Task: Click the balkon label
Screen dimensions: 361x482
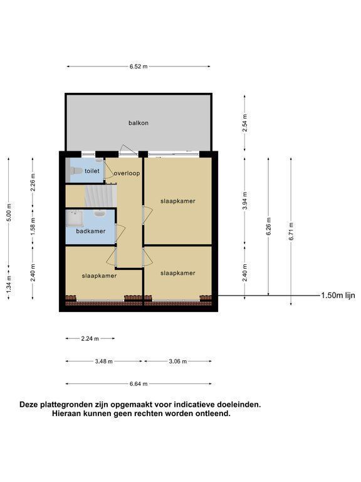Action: pos(139,123)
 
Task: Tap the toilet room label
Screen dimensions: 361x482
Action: pos(92,171)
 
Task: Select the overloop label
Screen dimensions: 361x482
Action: pos(127,173)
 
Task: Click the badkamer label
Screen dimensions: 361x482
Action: pos(90,231)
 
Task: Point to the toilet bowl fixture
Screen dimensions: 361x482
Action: pos(76,170)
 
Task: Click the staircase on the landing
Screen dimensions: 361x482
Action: pos(101,196)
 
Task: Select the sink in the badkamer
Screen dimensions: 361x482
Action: pos(100,213)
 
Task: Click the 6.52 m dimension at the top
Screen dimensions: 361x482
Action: pos(139,67)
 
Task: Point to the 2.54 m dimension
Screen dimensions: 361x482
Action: pos(244,123)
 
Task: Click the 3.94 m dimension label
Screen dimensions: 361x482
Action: pos(244,201)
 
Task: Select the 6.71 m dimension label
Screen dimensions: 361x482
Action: pos(291,231)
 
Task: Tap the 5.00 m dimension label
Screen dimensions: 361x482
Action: pos(9,212)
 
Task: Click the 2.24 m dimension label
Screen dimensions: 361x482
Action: pos(90,339)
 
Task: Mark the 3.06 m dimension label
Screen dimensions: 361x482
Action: pos(178,361)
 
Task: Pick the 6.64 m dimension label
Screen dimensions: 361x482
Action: pos(139,384)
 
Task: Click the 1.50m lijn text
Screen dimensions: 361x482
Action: pos(338,296)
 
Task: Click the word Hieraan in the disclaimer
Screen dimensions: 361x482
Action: pos(64,414)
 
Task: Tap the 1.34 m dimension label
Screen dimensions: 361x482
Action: pos(9,284)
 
